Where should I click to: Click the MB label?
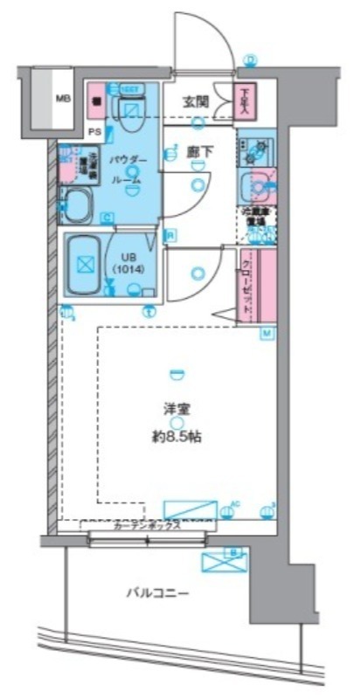tap(62, 98)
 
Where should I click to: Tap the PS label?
tap(94, 132)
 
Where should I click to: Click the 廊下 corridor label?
tap(199, 151)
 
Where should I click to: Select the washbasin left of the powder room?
tap(79, 206)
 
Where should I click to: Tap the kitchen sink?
tap(256, 186)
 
